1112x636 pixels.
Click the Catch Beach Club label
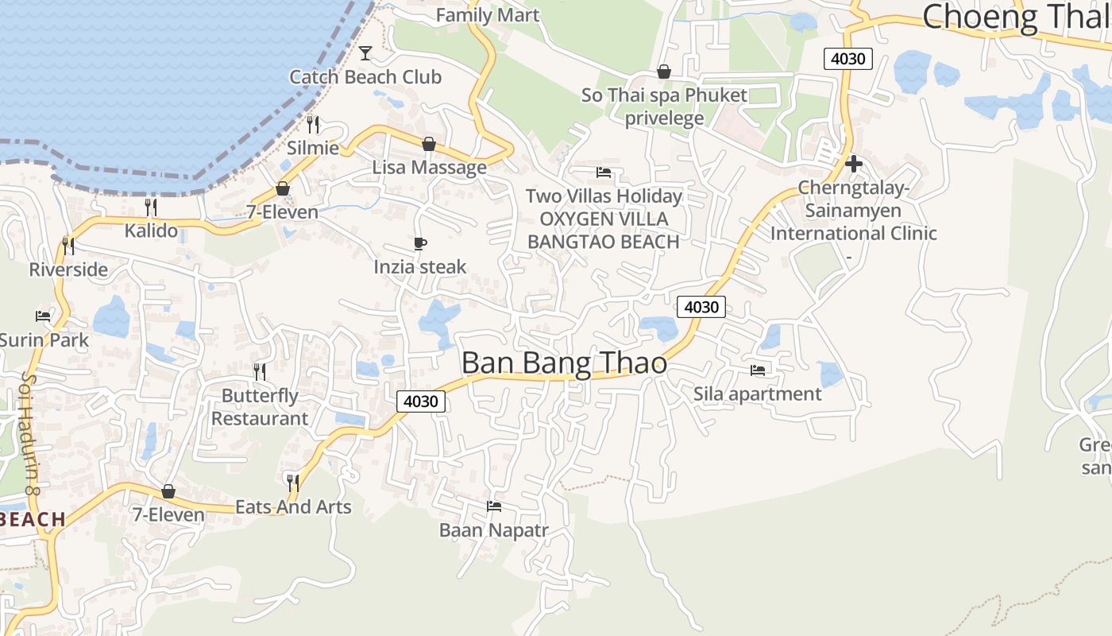[x=365, y=77]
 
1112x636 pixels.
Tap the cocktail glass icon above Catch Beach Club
[x=365, y=53]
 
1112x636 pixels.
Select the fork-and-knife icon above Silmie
[x=313, y=124]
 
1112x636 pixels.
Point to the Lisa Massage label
[x=429, y=167]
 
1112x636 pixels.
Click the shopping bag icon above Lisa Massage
[x=429, y=144]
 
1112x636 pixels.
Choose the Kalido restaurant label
[x=151, y=231]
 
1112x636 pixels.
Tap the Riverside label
[x=68, y=270]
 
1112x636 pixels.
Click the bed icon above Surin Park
[x=43, y=316]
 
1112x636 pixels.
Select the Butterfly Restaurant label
[x=260, y=407]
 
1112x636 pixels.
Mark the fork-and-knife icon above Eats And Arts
[x=292, y=482]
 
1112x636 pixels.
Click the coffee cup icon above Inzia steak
[x=420, y=243]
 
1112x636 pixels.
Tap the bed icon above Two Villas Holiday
[x=604, y=172]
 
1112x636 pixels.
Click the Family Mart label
[x=488, y=15]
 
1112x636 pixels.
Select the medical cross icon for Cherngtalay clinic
[x=854, y=164]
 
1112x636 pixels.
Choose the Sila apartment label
[x=757, y=394]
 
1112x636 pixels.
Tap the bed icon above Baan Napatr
[x=494, y=506]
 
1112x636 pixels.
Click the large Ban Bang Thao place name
[x=564, y=363]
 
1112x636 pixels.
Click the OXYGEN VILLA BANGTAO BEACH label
[x=604, y=230]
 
